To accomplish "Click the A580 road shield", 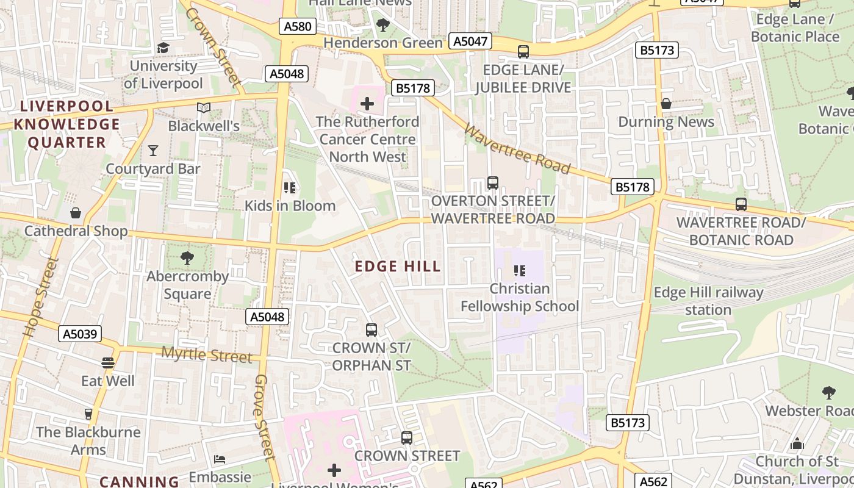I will coord(297,26).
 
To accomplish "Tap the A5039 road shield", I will coord(80,334).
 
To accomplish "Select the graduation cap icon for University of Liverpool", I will coord(163,48).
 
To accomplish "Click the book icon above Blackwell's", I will coord(204,108).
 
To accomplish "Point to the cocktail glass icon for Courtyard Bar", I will coord(152,150).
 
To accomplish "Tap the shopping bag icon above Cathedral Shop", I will coord(76,213).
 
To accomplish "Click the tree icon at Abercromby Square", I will coord(187,258).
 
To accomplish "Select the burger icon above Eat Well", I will coord(108,363).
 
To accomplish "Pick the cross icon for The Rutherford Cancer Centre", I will coord(367,104).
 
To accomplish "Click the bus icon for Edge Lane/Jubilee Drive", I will coord(523,52).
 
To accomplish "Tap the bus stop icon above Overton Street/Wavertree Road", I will coord(493,183).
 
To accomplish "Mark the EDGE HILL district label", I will coord(398,267).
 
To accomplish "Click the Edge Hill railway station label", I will coord(708,301).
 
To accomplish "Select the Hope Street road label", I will coord(41,297).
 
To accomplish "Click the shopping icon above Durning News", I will coord(666,104).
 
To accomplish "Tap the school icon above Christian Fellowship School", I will coord(519,271).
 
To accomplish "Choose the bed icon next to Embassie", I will coord(220,459).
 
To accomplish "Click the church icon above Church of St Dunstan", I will coord(797,443).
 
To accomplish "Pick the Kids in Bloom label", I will coord(290,206).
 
